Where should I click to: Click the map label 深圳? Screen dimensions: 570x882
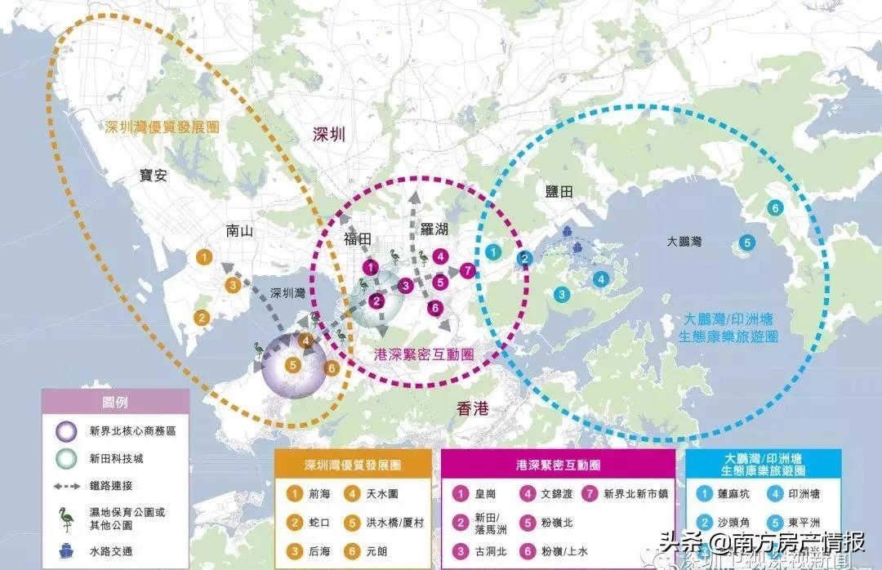pos(329,135)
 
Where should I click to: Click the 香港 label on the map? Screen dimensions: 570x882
pos(472,409)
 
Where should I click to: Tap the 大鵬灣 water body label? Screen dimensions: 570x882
pos(684,243)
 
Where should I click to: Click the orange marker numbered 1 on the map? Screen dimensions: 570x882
pos(205,257)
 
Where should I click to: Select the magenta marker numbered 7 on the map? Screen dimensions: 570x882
pos(467,269)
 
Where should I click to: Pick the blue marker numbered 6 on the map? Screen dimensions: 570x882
pos(774,207)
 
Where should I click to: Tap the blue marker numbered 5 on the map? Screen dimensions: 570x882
pos(746,242)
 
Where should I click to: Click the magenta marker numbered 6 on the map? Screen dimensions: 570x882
pos(435,308)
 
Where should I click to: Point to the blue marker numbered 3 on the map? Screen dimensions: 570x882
pos(562,294)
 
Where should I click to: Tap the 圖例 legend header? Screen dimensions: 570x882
pos(115,403)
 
